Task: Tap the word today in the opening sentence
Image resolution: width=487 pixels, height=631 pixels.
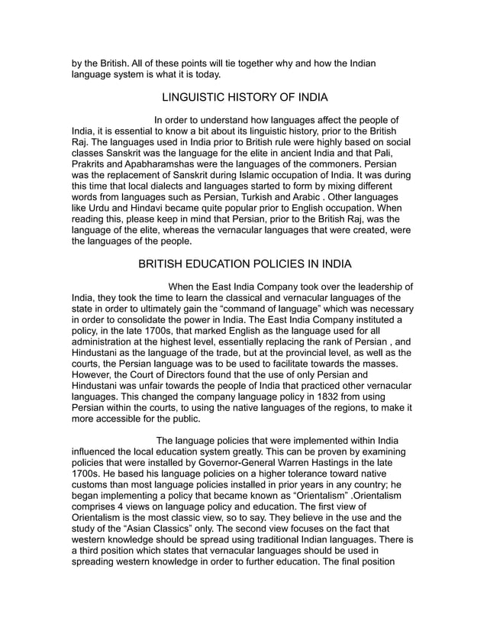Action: tap(202, 74)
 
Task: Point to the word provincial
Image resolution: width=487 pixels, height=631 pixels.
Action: tap(300, 353)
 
